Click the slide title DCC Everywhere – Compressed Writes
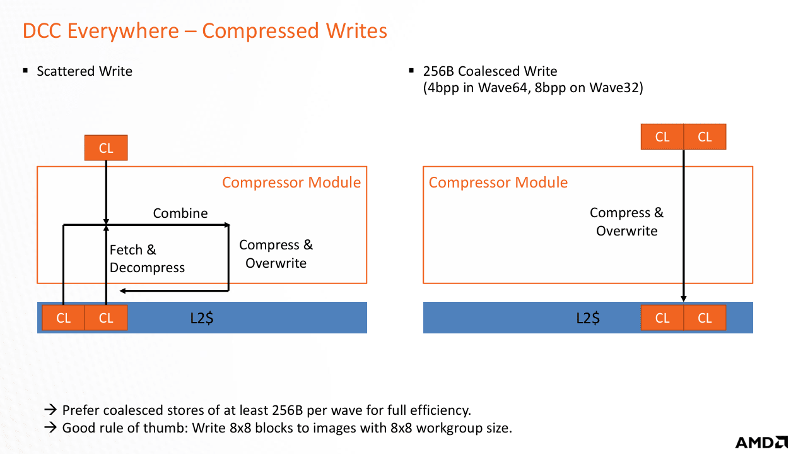(205, 30)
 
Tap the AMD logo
(761, 442)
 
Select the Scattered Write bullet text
(85, 71)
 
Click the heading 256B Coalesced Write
(490, 71)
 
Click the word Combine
(180, 213)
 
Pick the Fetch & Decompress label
(147, 259)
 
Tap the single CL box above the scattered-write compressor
(106, 148)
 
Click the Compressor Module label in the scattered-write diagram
(291, 183)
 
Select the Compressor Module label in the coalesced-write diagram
(498, 183)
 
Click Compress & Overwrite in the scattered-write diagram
(276, 254)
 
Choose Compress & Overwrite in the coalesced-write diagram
(626, 222)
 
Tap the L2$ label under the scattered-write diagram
(201, 318)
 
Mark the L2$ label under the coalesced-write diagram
(587, 318)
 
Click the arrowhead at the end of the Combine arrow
(226, 224)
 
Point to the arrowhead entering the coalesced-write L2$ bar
(684, 299)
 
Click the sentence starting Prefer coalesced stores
(266, 410)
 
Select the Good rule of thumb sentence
(287, 427)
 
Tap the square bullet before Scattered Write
(26, 71)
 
